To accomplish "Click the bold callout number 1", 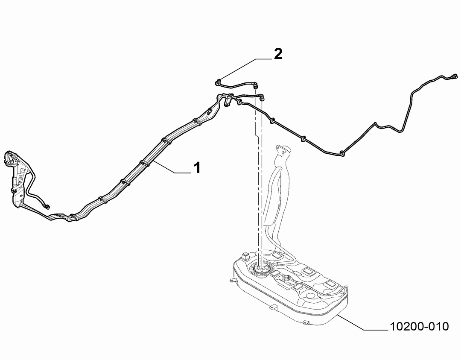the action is [x=197, y=168].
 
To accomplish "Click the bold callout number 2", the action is [x=278, y=54].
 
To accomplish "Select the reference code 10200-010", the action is [x=419, y=326].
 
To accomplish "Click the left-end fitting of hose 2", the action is [x=218, y=83].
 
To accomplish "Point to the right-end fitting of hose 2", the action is [x=256, y=86].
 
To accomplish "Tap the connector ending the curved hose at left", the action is [x=47, y=206].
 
